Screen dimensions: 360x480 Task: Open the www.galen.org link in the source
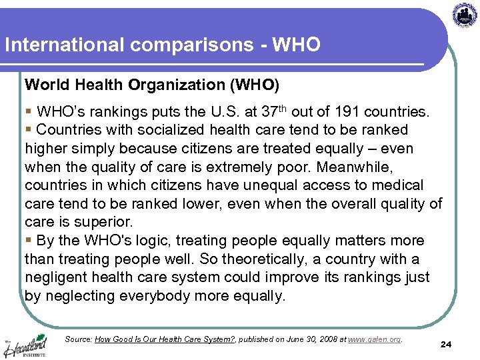375,339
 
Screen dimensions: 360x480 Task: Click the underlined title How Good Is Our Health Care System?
165,339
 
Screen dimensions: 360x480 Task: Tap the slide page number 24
446,344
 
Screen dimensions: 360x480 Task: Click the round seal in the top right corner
465,14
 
